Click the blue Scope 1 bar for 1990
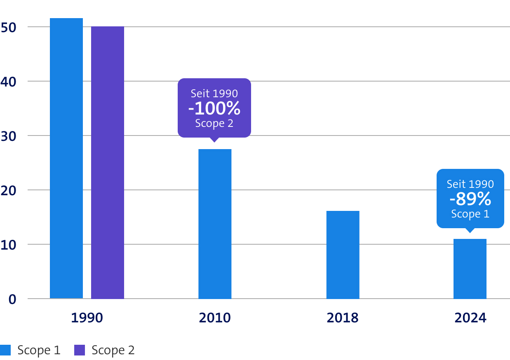point(66,158)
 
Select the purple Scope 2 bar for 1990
point(108,162)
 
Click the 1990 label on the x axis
point(87,318)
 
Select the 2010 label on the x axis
point(215,318)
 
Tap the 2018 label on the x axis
point(343,318)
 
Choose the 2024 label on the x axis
point(470,318)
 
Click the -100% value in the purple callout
point(214,108)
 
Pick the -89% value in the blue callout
point(470,199)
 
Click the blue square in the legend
point(5,350)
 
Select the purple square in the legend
point(80,350)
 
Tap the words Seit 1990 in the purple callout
point(214,94)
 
